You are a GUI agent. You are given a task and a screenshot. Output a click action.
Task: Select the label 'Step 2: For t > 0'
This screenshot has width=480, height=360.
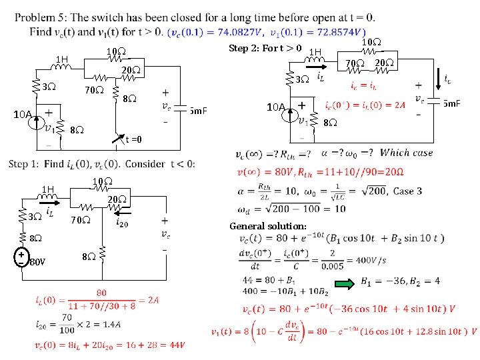(265, 48)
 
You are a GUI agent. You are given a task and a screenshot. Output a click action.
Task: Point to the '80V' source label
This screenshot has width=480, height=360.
(37, 261)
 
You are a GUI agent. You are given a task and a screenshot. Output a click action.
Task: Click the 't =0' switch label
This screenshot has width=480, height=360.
(133, 139)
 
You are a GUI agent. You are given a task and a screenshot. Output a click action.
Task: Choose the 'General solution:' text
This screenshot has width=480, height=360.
(267, 226)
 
